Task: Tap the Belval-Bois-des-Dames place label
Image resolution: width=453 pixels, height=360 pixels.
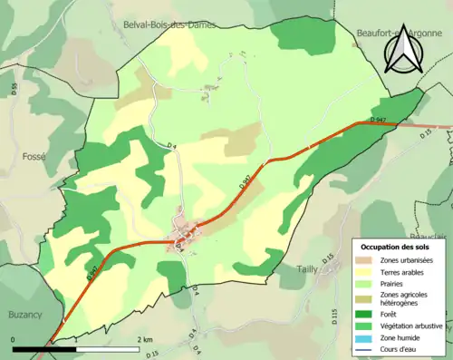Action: point(177,25)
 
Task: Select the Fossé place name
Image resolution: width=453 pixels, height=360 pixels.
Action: point(33,156)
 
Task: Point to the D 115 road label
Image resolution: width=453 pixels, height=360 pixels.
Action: point(333,316)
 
